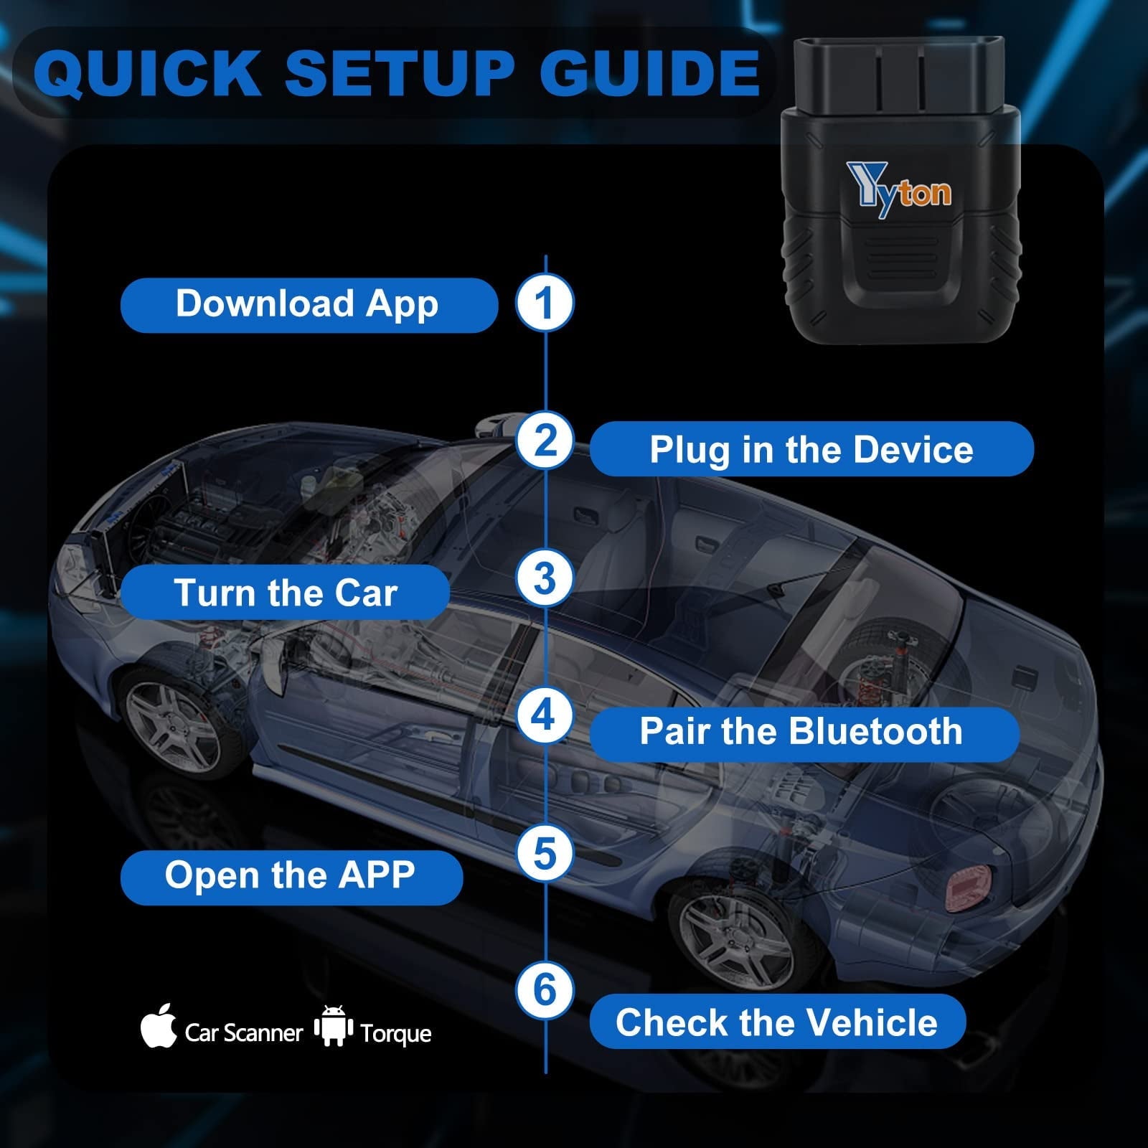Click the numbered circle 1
pyautogui.click(x=545, y=302)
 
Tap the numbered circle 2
pyautogui.click(x=545, y=440)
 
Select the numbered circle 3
pyautogui.click(x=545, y=578)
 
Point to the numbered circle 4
pyautogui.click(x=545, y=715)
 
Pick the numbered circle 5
pyautogui.click(x=545, y=852)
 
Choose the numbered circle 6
pyautogui.click(x=545, y=989)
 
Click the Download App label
pyautogui.click(x=309, y=304)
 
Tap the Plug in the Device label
pyautogui.click(x=811, y=449)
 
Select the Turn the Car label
pyautogui.click(x=285, y=593)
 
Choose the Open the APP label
pyautogui.click(x=291, y=876)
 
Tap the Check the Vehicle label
pyautogui.click(x=777, y=1022)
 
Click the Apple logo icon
pyautogui.click(x=159, y=1026)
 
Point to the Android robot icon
pyautogui.click(x=334, y=1026)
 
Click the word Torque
pyautogui.click(x=396, y=1034)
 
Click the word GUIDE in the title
pyautogui.click(x=650, y=73)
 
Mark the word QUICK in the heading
pyautogui.click(x=147, y=73)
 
